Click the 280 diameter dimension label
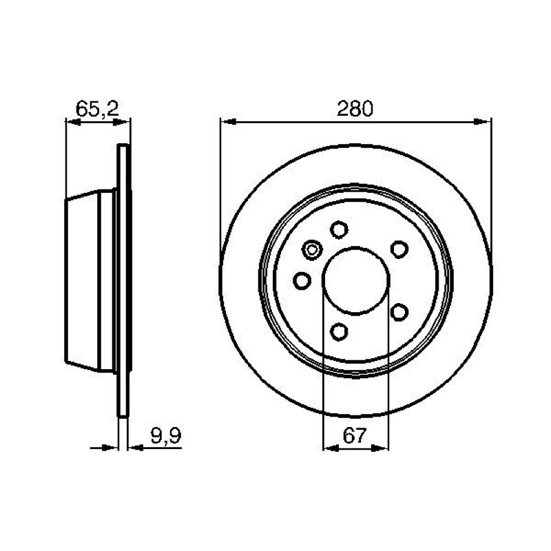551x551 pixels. (x=355, y=109)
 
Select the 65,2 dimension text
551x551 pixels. (x=98, y=109)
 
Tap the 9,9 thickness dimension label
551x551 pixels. (x=166, y=436)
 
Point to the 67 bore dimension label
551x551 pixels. (x=355, y=436)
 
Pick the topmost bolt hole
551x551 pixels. (x=339, y=229)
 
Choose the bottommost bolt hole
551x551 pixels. (x=339, y=331)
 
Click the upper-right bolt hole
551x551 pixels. (x=399, y=249)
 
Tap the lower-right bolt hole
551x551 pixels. (x=399, y=312)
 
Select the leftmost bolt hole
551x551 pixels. (x=302, y=280)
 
